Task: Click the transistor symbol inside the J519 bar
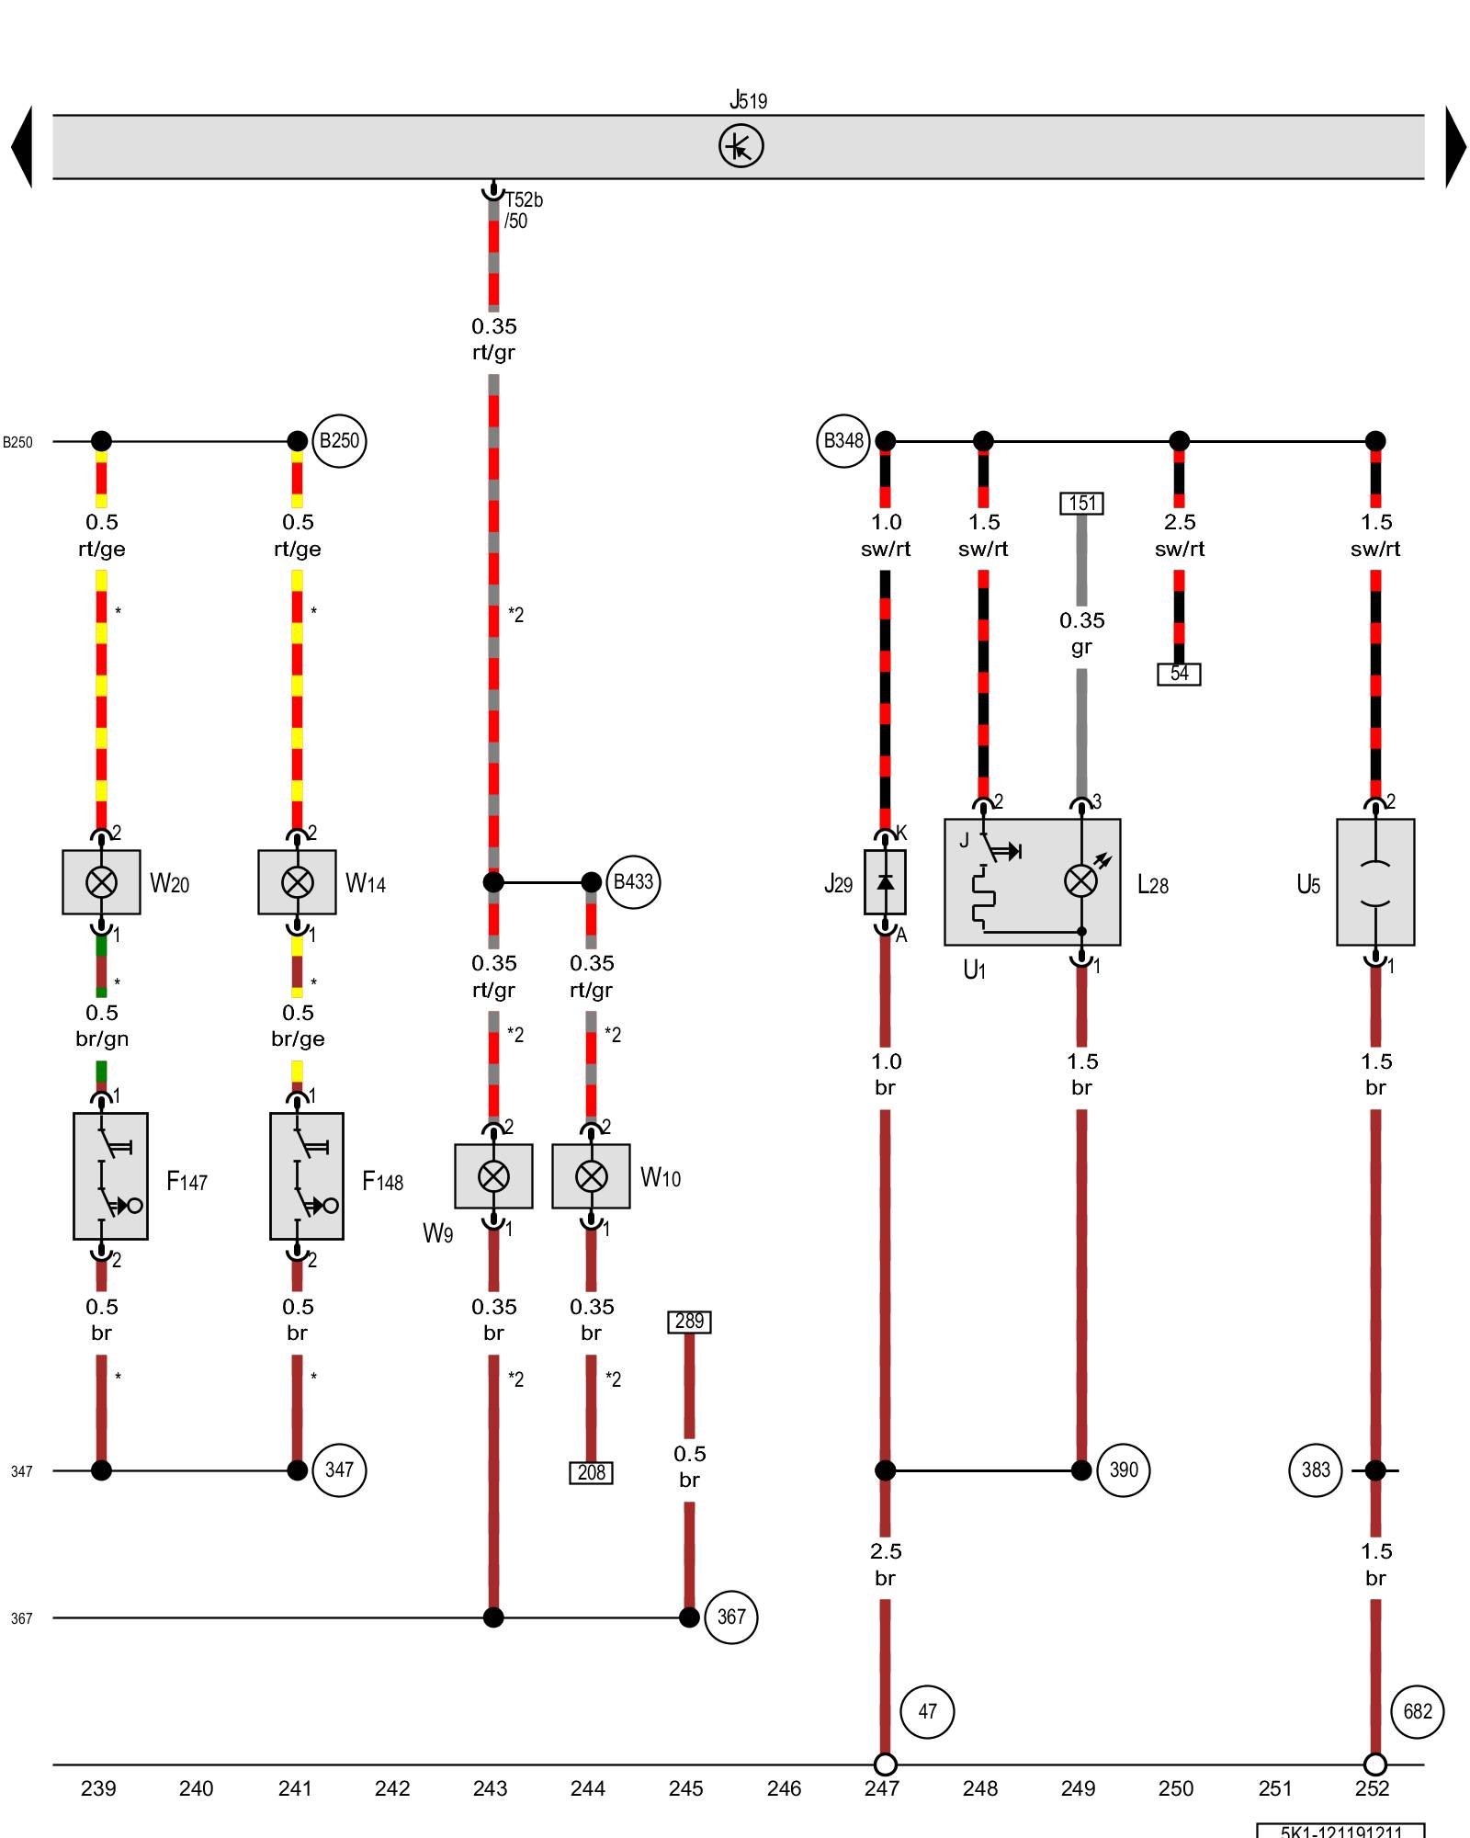741,146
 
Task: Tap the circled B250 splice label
339,441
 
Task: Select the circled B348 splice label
842,441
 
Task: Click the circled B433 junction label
633,882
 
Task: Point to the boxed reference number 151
1081,503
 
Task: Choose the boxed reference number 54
1179,674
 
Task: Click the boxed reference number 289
689,1322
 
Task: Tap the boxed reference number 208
591,1472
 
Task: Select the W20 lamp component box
101,882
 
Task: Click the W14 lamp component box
297,882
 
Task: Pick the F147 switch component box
110,1176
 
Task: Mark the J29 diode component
885,882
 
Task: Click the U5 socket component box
1375,882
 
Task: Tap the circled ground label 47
927,1711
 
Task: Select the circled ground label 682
1418,1711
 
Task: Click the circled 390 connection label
1124,1469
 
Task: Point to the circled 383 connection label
1316,1469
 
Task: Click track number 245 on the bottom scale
685,1788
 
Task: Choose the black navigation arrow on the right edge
1455,147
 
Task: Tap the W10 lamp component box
591,1176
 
